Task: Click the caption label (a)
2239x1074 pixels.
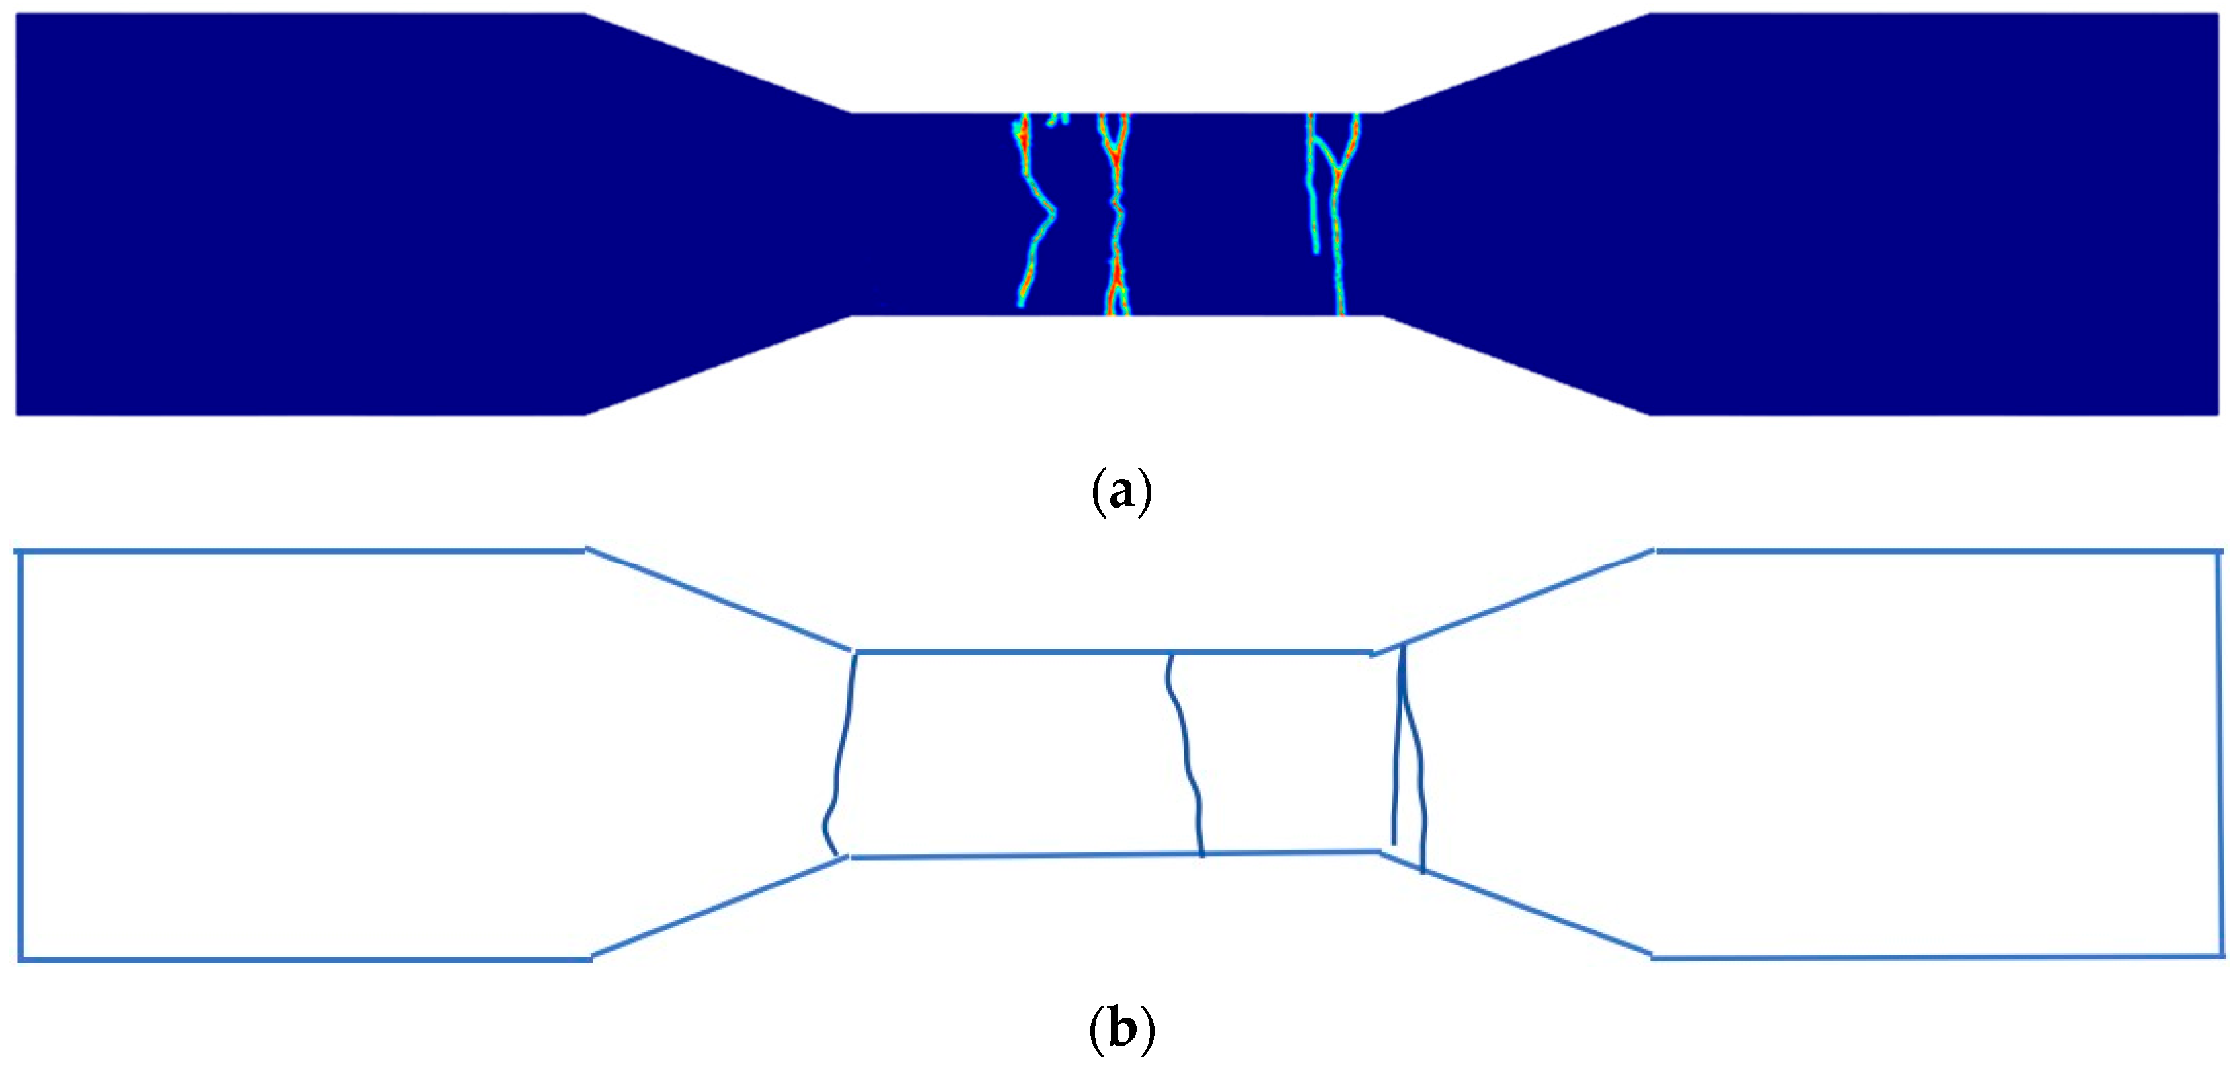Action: (1121, 492)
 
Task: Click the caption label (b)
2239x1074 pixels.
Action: (1121, 1029)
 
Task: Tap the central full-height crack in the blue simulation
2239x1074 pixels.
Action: (1116, 217)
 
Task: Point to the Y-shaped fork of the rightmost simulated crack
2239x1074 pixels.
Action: (1339, 170)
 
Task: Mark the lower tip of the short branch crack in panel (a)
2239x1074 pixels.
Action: (1317, 250)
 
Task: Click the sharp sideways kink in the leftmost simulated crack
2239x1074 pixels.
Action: (1053, 211)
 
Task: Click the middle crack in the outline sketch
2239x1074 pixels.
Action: (1186, 757)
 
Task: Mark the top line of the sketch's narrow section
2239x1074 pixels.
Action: (1112, 651)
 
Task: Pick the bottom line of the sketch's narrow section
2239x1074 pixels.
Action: (1112, 855)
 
